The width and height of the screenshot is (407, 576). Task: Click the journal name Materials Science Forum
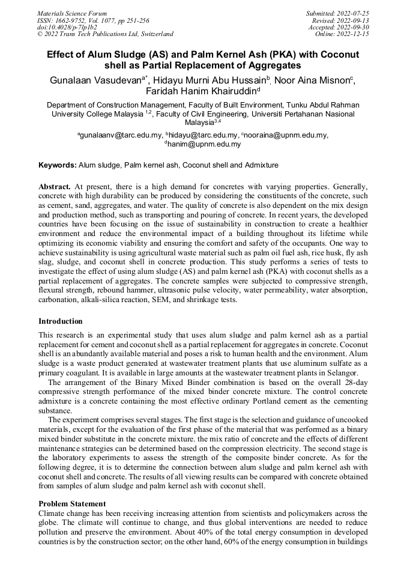pos(72,13)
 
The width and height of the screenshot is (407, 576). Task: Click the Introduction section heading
pos(61,321)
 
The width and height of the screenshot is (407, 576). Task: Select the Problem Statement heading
pos(72,503)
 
